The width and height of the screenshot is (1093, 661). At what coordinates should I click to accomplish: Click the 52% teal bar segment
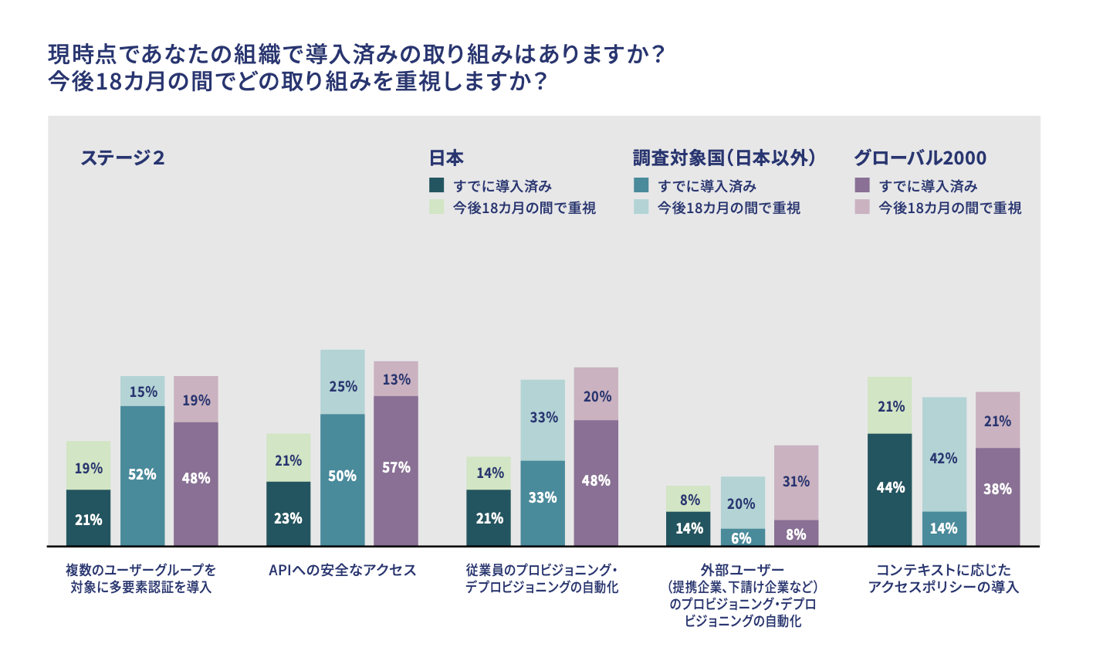[x=143, y=475]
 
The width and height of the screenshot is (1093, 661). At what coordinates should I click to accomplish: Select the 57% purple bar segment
[x=396, y=470]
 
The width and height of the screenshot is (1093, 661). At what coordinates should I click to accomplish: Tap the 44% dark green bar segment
[x=890, y=489]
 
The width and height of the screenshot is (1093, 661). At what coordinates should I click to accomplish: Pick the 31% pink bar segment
[x=796, y=482]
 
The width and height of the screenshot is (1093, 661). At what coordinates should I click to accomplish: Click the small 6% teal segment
[x=743, y=537]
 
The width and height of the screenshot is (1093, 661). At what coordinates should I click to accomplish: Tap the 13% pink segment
[x=396, y=378]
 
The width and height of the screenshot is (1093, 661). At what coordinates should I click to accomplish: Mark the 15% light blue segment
[x=143, y=391]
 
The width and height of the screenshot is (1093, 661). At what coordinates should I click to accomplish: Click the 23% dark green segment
[x=289, y=514]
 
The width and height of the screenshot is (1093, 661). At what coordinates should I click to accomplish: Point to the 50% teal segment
[x=343, y=480]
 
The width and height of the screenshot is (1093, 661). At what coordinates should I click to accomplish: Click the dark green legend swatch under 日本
[x=437, y=185]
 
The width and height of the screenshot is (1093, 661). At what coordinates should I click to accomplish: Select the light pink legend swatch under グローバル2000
[x=862, y=207]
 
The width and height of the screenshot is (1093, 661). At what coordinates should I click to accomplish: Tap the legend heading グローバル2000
[x=919, y=158]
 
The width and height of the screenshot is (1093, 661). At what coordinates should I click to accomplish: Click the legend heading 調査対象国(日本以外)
[x=724, y=158]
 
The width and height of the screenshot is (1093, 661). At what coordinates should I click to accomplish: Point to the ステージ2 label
[x=123, y=158]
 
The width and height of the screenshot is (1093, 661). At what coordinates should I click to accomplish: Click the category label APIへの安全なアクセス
[x=342, y=570]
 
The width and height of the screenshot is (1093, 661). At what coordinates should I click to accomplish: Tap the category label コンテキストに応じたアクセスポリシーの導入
[x=943, y=578]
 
